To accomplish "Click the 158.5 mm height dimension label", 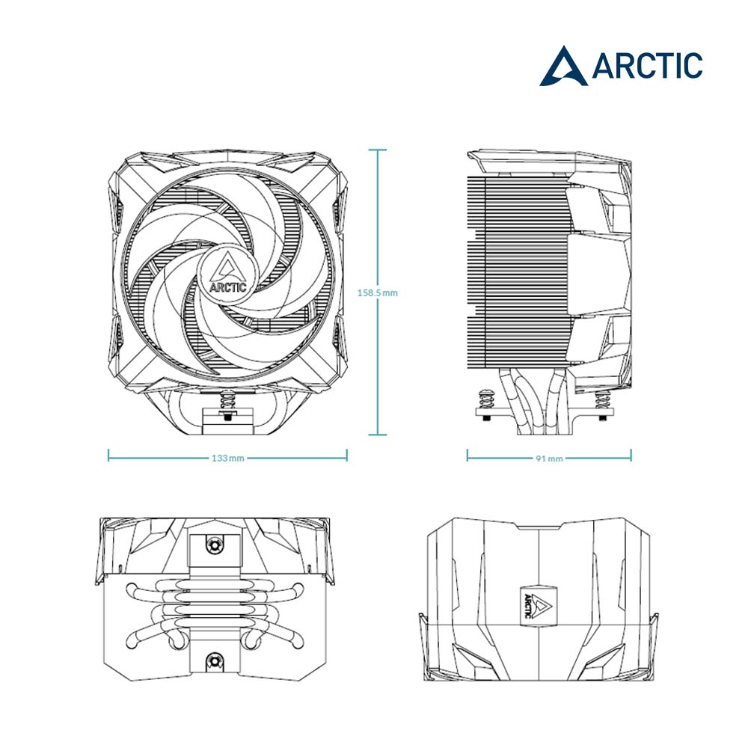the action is [x=377, y=293].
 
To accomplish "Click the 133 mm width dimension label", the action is [x=228, y=458].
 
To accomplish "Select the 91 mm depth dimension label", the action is [x=549, y=459].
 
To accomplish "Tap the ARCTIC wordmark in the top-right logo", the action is [x=647, y=66].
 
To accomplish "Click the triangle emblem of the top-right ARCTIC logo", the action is [x=563, y=67].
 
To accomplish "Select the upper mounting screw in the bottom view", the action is [x=215, y=545].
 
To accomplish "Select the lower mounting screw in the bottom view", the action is [x=215, y=662].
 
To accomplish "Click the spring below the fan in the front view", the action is [x=228, y=399].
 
